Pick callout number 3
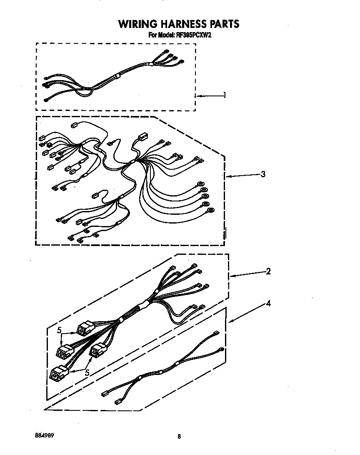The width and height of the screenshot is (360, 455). coord(263,174)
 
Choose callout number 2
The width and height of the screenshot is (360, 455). coord(268,271)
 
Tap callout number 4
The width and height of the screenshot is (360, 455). coord(268,304)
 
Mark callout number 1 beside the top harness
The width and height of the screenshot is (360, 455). coord(225,96)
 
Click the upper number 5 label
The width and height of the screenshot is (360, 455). coord(60,330)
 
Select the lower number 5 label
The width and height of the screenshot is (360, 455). coord(87,373)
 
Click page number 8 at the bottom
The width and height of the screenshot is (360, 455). coord(179,437)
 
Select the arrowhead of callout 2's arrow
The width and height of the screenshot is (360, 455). coord(232,276)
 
